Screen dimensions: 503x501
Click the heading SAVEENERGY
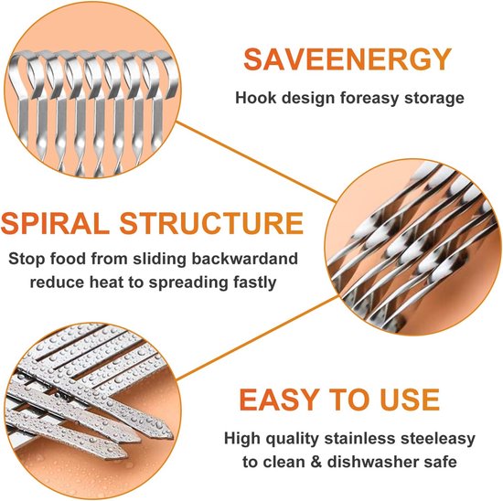(x=348, y=59)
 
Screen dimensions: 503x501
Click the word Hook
(x=256, y=98)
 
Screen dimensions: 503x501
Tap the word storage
(x=434, y=99)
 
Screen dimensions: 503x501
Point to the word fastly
(x=255, y=282)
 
